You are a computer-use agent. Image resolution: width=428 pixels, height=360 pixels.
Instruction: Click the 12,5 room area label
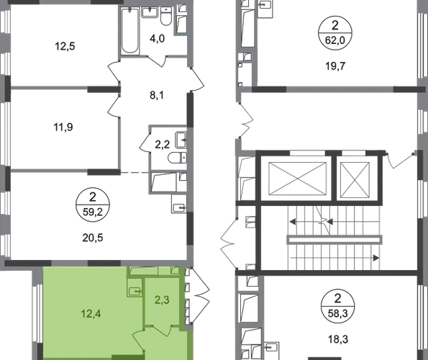pyautogui.click(x=65, y=46)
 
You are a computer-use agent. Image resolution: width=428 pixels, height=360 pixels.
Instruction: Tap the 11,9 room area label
pyautogui.click(x=63, y=127)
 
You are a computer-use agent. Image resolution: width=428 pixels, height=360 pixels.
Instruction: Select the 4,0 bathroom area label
pyautogui.click(x=158, y=38)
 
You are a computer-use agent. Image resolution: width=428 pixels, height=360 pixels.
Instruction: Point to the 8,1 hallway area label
pyautogui.click(x=157, y=95)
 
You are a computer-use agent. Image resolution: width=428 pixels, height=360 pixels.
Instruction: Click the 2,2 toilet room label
pyautogui.click(x=163, y=145)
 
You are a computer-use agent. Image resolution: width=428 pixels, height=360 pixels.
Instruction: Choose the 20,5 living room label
pyautogui.click(x=93, y=238)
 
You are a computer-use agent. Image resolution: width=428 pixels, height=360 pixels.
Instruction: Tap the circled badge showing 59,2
pyautogui.click(x=93, y=204)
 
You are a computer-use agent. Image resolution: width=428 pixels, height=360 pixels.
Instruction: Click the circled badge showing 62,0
pyautogui.click(x=335, y=33)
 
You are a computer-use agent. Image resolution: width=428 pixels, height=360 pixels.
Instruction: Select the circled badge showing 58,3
pyautogui.click(x=337, y=306)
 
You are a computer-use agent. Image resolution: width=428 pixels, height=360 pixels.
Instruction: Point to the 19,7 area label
pyautogui.click(x=335, y=66)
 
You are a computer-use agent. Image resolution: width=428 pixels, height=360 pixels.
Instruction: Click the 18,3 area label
pyautogui.click(x=338, y=339)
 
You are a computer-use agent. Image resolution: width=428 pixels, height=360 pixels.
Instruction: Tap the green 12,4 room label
pyautogui.click(x=91, y=314)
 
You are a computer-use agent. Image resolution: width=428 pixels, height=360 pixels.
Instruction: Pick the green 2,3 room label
pyautogui.click(x=162, y=300)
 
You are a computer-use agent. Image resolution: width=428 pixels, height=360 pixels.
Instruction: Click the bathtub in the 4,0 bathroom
pyautogui.click(x=130, y=30)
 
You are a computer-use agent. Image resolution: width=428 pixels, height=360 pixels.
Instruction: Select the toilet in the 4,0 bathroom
pyautogui.click(x=165, y=17)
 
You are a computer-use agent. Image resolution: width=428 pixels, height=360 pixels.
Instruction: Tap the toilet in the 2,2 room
pyautogui.click(x=178, y=158)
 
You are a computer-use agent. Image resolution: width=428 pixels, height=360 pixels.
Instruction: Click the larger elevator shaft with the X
pyautogui.click(x=298, y=179)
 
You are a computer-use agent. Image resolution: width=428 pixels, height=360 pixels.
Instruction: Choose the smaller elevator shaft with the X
pyautogui.click(x=355, y=179)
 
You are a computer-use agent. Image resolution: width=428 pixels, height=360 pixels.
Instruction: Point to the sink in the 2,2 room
pyautogui.click(x=181, y=140)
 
